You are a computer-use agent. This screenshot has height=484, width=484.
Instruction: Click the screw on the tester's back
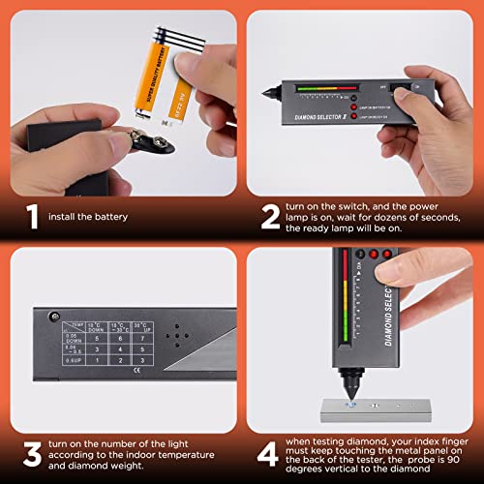[56, 318]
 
